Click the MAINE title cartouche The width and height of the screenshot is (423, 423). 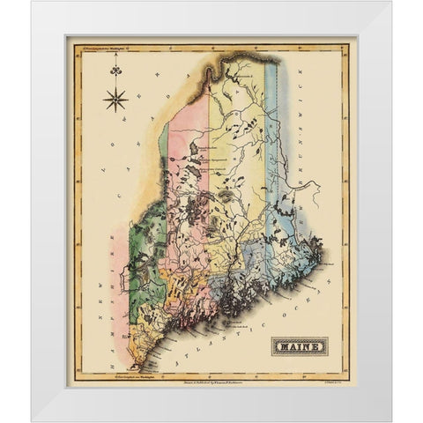click(299, 345)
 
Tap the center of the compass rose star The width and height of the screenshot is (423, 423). click(115, 99)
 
